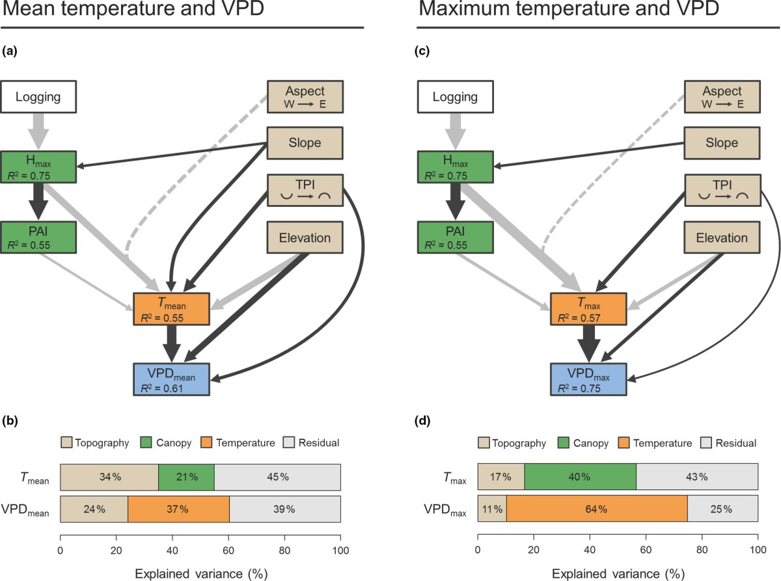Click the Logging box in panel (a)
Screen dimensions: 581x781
point(38,98)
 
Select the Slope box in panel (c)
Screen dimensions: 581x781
point(721,142)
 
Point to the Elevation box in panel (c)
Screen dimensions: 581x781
point(721,238)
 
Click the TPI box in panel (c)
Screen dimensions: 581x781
point(721,190)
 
